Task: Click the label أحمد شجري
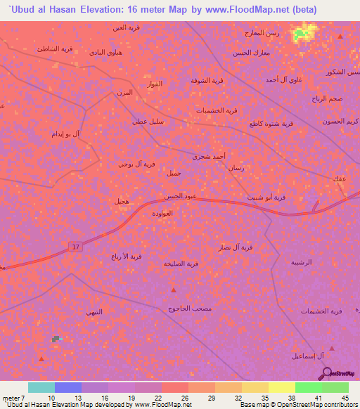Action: point(210,157)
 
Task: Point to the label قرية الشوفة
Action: point(207,80)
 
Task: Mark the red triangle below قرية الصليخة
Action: point(174,289)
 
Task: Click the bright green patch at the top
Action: point(303,32)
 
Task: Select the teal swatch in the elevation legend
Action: point(41,387)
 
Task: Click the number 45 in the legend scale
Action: point(344,397)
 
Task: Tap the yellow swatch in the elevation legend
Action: point(282,387)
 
